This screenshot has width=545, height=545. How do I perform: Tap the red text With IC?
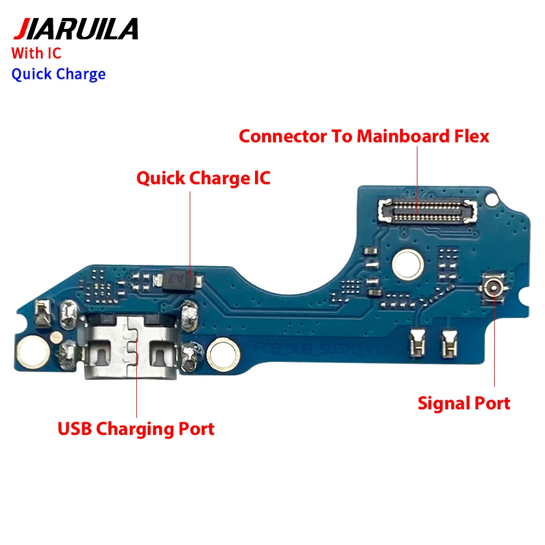coord(37,53)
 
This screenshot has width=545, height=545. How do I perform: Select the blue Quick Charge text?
coord(58,74)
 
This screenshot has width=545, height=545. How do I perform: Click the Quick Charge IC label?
coord(203,178)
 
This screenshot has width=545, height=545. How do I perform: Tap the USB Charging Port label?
coord(136,428)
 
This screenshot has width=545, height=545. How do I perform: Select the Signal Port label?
coord(464,403)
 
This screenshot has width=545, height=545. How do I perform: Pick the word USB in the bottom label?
coord(75,428)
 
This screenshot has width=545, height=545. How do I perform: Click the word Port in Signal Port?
coord(491,403)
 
